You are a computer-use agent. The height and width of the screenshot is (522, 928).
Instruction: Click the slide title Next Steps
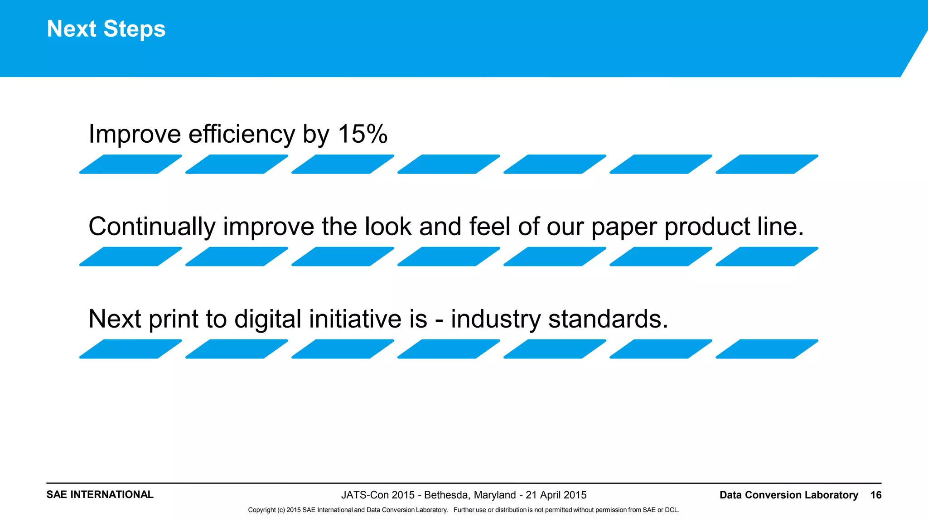[x=106, y=29]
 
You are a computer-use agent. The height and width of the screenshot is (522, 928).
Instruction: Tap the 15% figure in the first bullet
[x=362, y=134]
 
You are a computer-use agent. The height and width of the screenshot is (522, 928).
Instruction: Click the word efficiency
[x=242, y=135]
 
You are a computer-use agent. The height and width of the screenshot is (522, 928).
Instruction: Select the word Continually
[x=151, y=227]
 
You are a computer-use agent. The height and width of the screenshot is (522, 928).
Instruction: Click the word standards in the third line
[x=608, y=319]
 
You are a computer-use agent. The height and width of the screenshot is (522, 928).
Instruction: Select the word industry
[x=496, y=319]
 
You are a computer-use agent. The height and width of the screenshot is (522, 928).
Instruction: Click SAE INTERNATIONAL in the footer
[x=100, y=494]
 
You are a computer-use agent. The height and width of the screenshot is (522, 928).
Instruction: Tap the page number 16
[x=876, y=495]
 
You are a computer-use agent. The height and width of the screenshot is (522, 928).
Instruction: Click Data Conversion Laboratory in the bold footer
[x=788, y=495]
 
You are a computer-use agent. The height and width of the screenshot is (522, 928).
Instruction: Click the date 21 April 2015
[x=556, y=495]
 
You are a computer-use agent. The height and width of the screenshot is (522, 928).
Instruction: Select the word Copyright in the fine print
[x=262, y=510]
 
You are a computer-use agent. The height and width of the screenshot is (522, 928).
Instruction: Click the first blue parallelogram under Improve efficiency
[x=130, y=164]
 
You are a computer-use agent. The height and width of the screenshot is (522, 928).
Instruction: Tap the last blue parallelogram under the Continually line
[x=767, y=256]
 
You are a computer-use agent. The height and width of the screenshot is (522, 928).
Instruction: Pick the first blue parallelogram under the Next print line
[x=130, y=349]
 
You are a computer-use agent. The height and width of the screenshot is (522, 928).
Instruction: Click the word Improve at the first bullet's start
[x=135, y=135]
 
